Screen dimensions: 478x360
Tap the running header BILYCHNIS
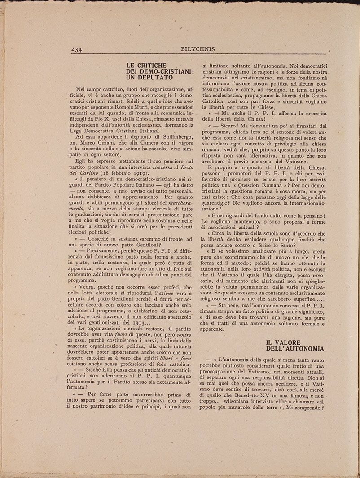coord(197,49)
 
